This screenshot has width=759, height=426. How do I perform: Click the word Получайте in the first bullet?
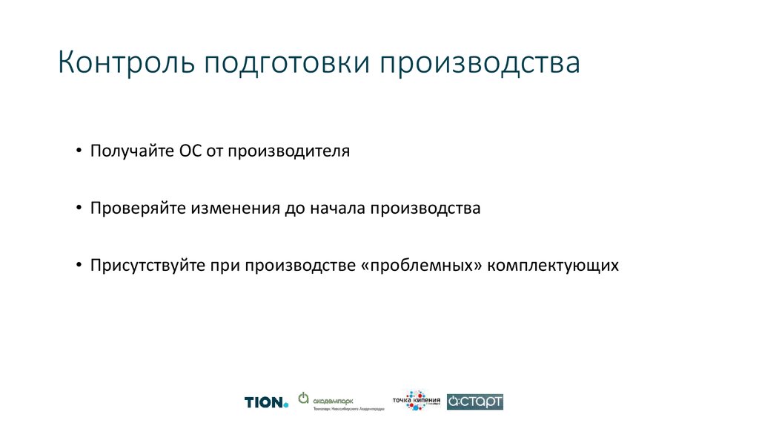click(130, 151)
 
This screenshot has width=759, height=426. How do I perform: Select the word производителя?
click(288, 152)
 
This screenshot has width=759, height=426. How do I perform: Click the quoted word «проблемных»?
click(420, 266)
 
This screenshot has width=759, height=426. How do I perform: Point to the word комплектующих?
click(553, 266)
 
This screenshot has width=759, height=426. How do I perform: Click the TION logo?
click(266, 402)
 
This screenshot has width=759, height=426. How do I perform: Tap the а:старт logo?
click(475, 402)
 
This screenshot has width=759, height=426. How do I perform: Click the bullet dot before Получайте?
click(79, 152)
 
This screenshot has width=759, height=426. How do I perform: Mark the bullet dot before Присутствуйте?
click(79, 266)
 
